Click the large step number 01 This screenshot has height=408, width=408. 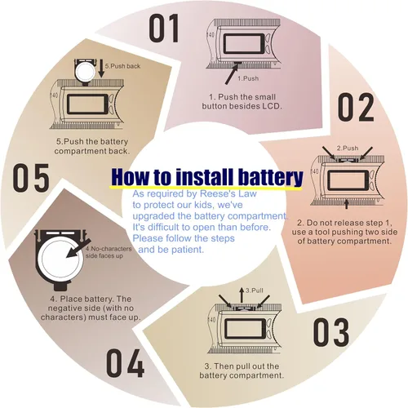pos(164,29)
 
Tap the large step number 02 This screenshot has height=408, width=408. pos(356,107)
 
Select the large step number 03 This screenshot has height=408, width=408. pos(330,332)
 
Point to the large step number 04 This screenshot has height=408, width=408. pos(125,363)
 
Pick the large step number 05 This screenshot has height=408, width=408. pos(31,178)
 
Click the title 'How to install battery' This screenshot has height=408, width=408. pos(207,177)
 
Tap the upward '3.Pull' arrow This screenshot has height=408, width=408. pos(242,295)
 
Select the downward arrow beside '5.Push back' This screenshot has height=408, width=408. pos(101,69)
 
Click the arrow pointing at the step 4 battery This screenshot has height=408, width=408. pos(79,248)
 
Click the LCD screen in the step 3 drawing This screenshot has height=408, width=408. pos(245,329)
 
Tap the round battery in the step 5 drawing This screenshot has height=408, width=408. pos(85,72)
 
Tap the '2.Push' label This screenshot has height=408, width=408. pos(348,149)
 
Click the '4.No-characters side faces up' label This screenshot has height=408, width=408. pos(109,252)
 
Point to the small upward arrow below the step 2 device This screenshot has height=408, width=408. pos(346,204)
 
